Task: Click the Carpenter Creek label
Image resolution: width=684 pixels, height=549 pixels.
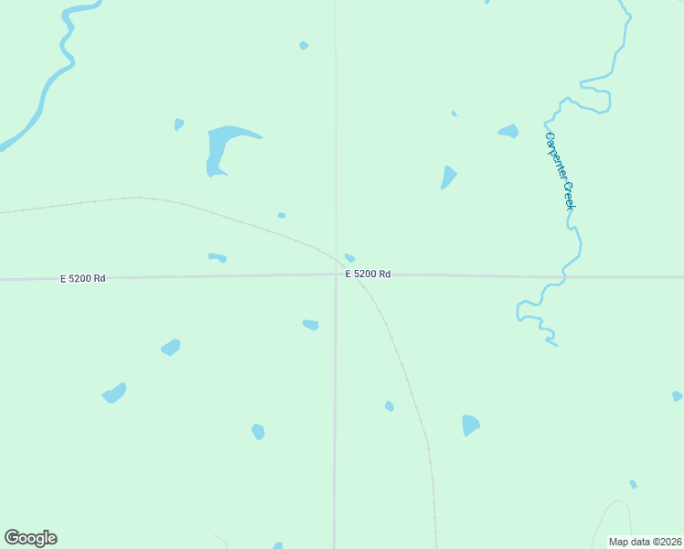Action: click(559, 171)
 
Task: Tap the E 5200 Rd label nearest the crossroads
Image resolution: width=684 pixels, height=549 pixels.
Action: click(368, 274)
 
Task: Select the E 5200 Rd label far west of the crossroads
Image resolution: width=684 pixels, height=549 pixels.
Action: click(83, 278)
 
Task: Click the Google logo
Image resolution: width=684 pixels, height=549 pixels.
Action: click(30, 538)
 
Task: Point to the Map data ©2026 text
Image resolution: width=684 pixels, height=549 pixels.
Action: click(646, 542)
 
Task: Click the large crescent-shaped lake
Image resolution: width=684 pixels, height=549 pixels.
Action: click(224, 145)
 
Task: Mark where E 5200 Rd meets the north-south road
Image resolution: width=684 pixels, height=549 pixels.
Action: click(336, 274)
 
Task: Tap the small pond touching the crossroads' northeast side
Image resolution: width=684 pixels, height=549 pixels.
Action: click(349, 258)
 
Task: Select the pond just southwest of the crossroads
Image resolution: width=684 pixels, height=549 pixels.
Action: click(311, 325)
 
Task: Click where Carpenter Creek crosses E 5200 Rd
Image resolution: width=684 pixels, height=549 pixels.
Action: click(561, 275)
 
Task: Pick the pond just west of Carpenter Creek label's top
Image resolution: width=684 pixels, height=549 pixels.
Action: click(508, 132)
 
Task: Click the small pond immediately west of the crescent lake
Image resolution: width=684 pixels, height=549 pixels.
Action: click(179, 124)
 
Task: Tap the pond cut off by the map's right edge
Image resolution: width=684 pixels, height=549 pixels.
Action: click(677, 396)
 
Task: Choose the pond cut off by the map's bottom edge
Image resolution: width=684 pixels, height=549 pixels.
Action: click(278, 546)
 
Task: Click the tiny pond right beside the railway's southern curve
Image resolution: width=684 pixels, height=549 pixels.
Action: click(390, 405)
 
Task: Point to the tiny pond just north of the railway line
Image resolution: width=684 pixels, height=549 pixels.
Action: click(282, 215)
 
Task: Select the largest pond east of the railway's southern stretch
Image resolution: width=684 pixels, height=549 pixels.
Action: click(470, 425)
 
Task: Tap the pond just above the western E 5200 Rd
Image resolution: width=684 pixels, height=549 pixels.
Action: click(218, 257)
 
